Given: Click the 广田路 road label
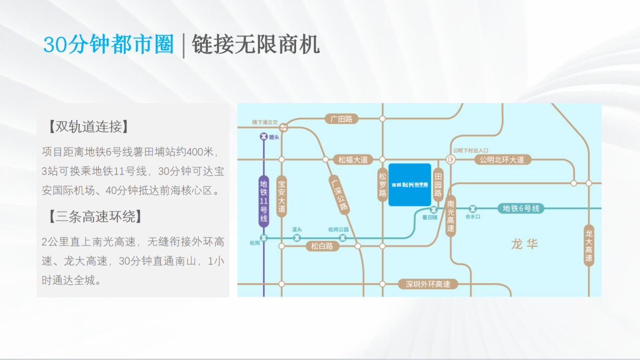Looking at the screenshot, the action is pyautogui.click(x=342, y=119).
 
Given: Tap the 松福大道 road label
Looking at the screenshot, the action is pyautogui.click(x=353, y=159).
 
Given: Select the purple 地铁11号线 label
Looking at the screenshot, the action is pyautogui.click(x=264, y=201).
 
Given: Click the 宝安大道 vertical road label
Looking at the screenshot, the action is pyautogui.click(x=282, y=196).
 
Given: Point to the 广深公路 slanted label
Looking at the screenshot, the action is pyautogui.click(x=339, y=195).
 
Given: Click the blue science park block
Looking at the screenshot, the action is pyautogui.click(x=410, y=185).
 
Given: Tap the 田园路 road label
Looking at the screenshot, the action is pyautogui.click(x=439, y=185).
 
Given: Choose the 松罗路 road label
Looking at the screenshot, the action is pyautogui.click(x=382, y=185).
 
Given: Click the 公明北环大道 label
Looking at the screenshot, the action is pyautogui.click(x=502, y=159).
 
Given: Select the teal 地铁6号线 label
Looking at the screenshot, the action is pyautogui.click(x=521, y=208).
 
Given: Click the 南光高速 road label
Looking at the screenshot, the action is pyautogui.click(x=450, y=216).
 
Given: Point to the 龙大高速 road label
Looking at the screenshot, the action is pyautogui.click(x=589, y=246).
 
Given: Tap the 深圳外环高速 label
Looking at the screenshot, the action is pyautogui.click(x=428, y=284).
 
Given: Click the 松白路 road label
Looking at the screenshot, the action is pyautogui.click(x=322, y=246).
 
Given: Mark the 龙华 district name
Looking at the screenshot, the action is pyautogui.click(x=524, y=244).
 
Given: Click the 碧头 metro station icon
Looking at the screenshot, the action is pyautogui.click(x=263, y=136).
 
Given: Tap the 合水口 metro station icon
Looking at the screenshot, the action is pyautogui.click(x=473, y=208).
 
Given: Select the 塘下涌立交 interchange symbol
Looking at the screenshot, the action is pyautogui.click(x=284, y=128).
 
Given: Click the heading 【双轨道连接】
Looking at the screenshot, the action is pyautogui.click(x=89, y=126).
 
